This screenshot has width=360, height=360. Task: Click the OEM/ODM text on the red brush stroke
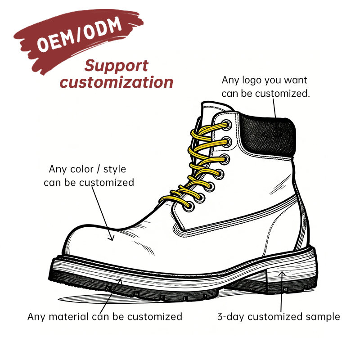click(79, 35)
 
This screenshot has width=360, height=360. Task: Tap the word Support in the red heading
click(117, 66)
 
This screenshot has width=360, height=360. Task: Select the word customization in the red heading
click(117, 82)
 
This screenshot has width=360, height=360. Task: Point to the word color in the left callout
click(82, 169)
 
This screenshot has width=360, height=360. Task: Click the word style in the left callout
click(115, 170)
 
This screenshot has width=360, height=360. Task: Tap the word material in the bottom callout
click(68, 317)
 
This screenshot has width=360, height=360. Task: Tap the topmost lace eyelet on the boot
click(227, 126)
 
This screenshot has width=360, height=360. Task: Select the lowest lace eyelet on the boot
click(189, 206)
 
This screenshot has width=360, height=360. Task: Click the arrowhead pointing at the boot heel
click(282, 273)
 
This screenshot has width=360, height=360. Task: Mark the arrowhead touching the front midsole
click(120, 280)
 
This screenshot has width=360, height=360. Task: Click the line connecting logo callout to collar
click(274, 108)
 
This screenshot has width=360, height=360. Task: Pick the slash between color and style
click(98, 170)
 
